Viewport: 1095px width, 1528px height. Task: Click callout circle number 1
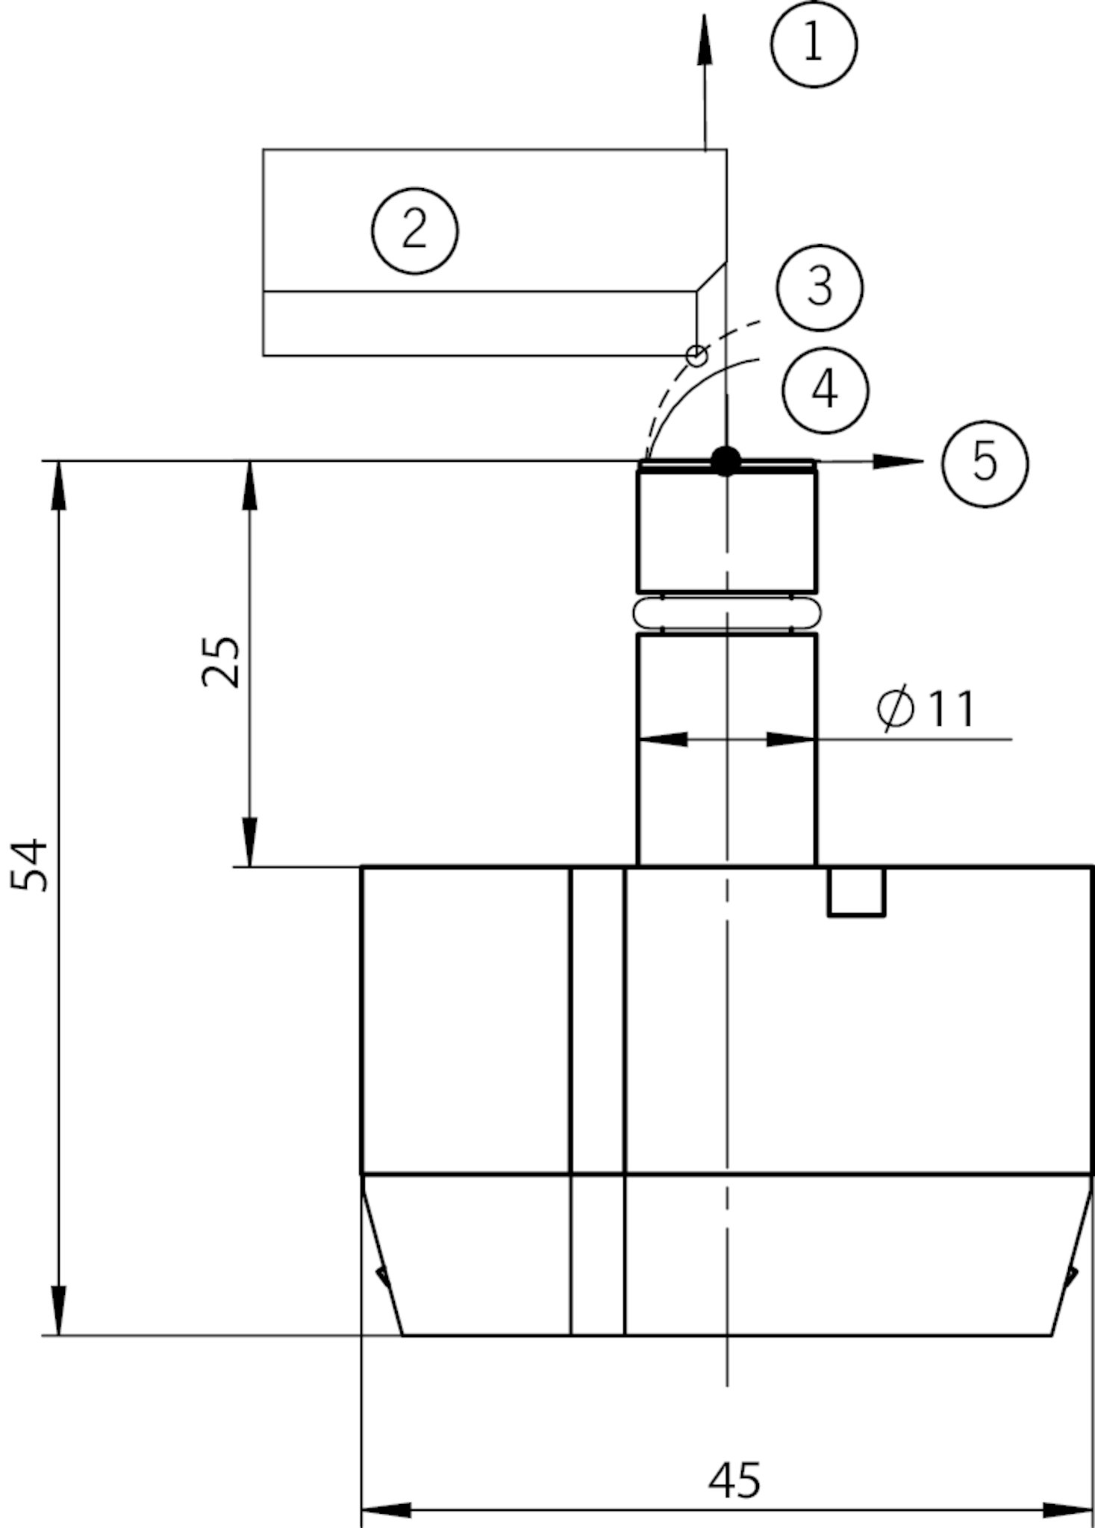pyautogui.click(x=814, y=44)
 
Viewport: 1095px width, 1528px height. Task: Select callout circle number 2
pyautogui.click(x=415, y=231)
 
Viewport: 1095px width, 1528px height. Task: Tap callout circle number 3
pyautogui.click(x=820, y=287)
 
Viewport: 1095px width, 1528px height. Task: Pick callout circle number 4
pyautogui.click(x=825, y=389)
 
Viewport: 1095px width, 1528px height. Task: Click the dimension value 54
pyautogui.click(x=30, y=865)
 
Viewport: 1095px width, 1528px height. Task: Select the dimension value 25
pyautogui.click(x=222, y=661)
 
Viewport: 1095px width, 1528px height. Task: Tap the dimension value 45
pyautogui.click(x=734, y=1480)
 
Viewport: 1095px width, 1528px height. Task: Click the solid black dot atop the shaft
pyautogui.click(x=726, y=461)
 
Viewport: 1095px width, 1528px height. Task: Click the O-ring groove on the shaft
pyautogui.click(x=726, y=613)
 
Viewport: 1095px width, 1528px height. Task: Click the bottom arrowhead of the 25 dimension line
pyautogui.click(x=249, y=842)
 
